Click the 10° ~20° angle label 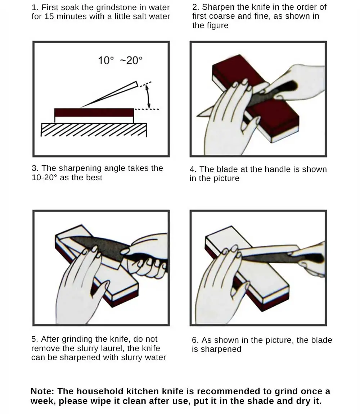(120, 60)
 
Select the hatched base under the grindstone (94, 130)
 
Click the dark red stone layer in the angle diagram (94, 113)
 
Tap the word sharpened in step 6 (221, 349)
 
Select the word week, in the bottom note (43, 401)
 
